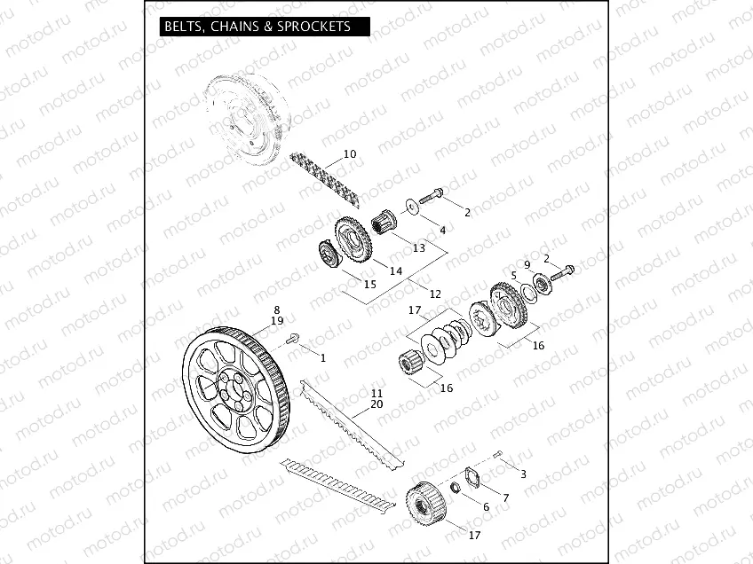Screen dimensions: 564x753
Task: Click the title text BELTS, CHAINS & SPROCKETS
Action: (256, 27)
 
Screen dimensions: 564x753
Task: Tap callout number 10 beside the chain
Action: (350, 154)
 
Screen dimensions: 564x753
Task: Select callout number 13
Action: (418, 248)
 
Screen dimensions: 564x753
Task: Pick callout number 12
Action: (434, 294)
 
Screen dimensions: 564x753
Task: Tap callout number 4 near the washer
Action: (442, 231)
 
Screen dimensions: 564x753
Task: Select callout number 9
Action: (527, 264)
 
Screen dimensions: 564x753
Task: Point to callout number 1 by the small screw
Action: (322, 357)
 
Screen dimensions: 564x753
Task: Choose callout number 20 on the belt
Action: (376, 403)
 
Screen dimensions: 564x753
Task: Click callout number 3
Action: (523, 474)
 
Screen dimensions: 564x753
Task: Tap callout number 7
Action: (505, 498)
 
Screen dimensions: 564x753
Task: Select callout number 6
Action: (486, 506)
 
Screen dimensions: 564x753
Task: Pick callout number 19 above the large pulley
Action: (277, 320)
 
